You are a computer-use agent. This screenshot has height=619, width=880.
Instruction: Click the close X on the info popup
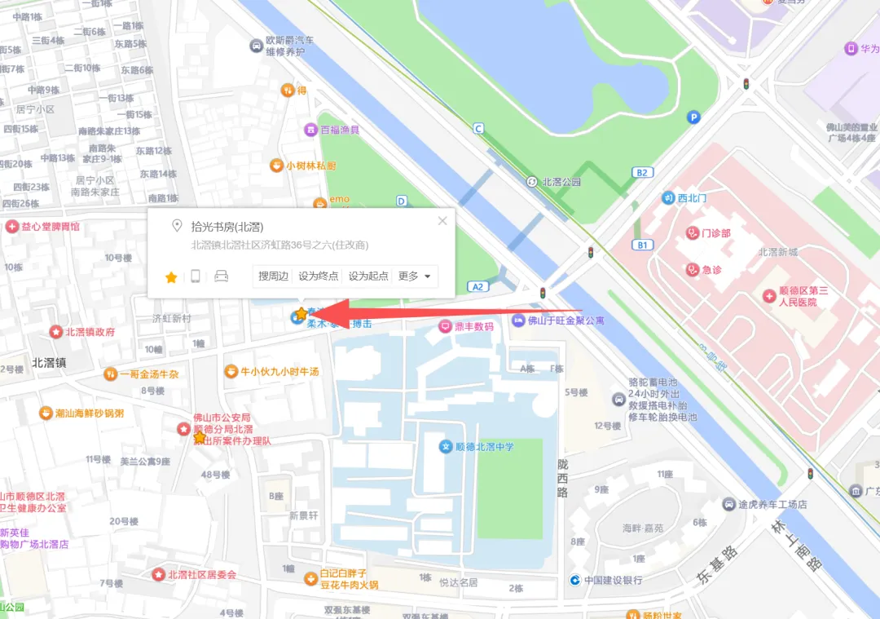coord(442,221)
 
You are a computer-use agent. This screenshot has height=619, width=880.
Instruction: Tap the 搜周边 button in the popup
coord(274,276)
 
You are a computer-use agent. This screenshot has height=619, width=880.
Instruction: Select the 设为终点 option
coord(319,276)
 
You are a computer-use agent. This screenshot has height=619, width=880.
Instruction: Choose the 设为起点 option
coord(368,276)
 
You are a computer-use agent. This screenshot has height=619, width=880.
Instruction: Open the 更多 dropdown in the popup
coord(415,276)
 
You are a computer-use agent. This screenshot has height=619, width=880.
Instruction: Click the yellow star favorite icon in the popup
coord(171,277)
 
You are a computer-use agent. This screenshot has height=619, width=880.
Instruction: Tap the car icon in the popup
coord(221,276)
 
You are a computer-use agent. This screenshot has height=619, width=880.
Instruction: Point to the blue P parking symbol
coord(693,117)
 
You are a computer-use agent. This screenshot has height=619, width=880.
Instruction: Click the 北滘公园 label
coord(561,182)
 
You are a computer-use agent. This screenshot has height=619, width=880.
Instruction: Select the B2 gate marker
coord(643,172)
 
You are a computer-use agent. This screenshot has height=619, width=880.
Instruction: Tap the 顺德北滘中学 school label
coord(486,446)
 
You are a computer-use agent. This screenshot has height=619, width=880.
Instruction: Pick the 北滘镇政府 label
coord(90,332)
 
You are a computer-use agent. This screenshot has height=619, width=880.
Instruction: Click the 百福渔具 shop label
coord(339,130)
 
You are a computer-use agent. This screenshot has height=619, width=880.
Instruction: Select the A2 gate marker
coord(477,286)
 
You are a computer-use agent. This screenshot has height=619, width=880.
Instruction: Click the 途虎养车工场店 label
coord(771,504)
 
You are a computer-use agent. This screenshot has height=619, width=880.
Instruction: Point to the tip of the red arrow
coord(311,312)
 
